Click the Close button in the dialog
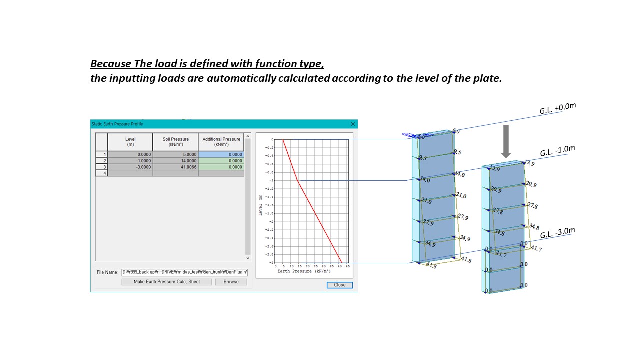tap(340, 285)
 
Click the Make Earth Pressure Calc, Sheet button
tap(167, 282)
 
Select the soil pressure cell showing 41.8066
tap(175, 167)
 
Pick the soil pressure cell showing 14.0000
tap(175, 161)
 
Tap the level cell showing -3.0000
tap(130, 167)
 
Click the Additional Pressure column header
tap(221, 142)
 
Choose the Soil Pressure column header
tap(175, 142)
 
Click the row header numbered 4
tap(101, 173)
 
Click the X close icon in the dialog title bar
tap(353, 124)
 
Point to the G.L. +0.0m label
tap(558, 108)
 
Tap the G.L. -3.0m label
tap(557, 232)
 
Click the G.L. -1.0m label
tap(557, 151)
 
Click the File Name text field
tap(184, 272)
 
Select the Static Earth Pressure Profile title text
tap(117, 124)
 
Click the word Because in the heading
tap(111, 64)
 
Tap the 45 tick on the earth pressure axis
tap(347, 266)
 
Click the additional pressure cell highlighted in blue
tap(221, 154)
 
